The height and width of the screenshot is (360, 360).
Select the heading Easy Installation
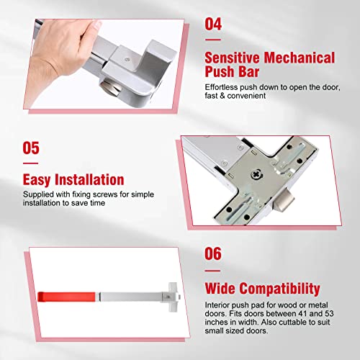tap(73, 179)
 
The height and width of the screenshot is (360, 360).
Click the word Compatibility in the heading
tap(280, 289)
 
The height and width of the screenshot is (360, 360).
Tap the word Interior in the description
tap(220, 305)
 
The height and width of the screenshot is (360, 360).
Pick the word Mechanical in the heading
tap(294, 57)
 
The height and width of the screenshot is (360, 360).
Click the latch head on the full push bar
tap(170, 295)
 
